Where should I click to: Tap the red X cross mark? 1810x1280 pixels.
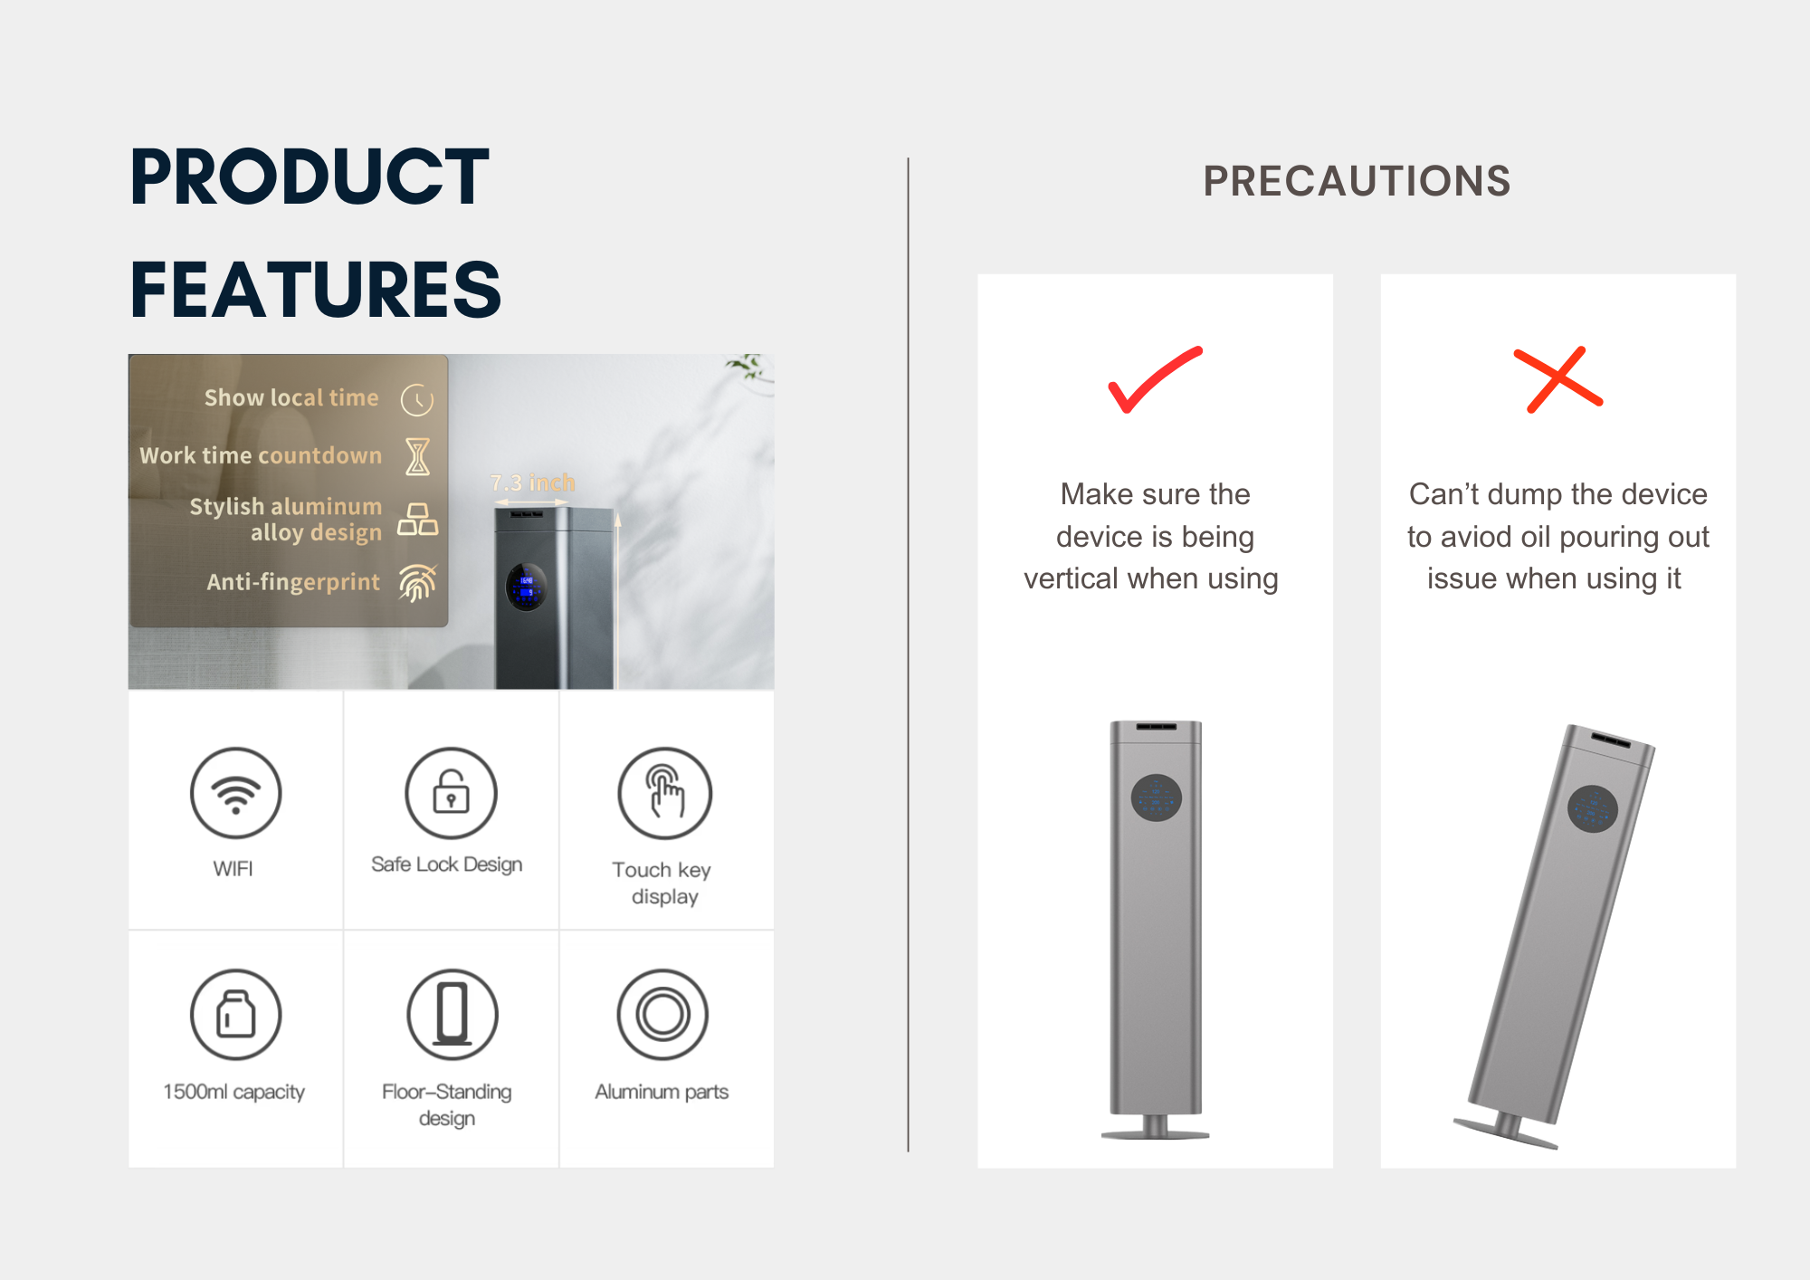[x=1558, y=379]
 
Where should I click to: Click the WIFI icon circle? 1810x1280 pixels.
[x=235, y=793]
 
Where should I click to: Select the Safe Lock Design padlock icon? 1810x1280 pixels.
[x=451, y=793]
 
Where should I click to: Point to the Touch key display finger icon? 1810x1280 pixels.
[x=664, y=793]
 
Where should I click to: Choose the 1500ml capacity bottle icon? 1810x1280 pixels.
[x=235, y=1015]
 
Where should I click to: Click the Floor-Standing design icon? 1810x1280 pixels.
[x=452, y=1015]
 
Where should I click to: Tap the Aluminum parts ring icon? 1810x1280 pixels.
[x=662, y=1015]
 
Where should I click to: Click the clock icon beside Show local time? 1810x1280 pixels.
[x=417, y=399]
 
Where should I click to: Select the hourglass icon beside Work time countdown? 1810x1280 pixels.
[x=417, y=456]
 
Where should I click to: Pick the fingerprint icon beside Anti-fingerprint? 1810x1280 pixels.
[x=417, y=583]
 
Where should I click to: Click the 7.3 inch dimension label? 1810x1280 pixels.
[x=532, y=483]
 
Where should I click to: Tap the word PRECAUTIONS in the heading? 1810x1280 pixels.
[x=1357, y=181]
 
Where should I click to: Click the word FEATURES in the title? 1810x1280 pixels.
[x=316, y=290]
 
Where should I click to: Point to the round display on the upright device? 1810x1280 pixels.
[x=1157, y=798]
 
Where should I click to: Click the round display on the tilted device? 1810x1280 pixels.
[x=1593, y=808]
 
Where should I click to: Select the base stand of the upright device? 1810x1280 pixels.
[x=1156, y=1128]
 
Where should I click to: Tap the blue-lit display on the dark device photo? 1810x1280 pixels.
[x=526, y=587]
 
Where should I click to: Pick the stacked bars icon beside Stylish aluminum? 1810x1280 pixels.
[x=417, y=520]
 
